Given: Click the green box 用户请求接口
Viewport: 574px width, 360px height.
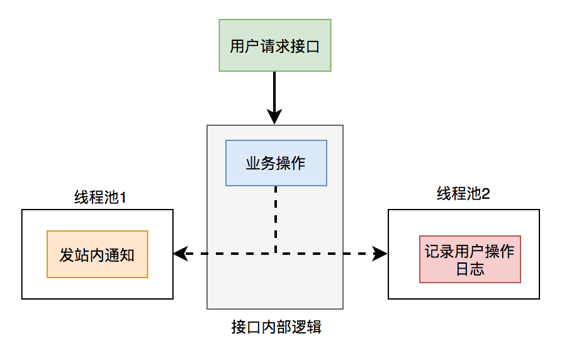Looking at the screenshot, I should coord(274,45).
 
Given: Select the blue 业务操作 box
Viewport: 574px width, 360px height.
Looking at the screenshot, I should coord(276,163).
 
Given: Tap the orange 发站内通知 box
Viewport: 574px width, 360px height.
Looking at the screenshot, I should coord(97,254).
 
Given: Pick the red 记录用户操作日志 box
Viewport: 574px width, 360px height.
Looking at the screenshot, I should coord(470,260).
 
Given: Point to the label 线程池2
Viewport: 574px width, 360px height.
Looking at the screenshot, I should coord(463,193).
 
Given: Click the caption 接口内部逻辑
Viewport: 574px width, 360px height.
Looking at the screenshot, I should coord(276,327).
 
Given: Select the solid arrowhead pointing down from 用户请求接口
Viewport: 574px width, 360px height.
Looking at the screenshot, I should coord(274,117).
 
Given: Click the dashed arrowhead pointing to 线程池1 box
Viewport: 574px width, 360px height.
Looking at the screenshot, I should coord(179,254).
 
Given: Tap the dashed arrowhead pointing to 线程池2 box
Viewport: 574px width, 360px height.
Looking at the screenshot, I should coord(381,254).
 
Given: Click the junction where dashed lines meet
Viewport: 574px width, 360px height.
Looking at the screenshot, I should coord(276,254).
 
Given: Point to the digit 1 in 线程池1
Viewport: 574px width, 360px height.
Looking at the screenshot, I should coord(123,198).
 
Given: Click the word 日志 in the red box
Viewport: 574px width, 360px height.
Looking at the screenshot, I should coord(470,268).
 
